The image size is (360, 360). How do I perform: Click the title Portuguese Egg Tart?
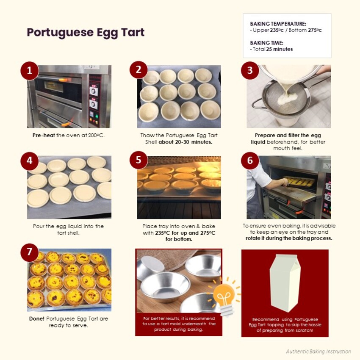tap(86, 33)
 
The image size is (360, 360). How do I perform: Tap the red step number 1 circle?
tap(29, 71)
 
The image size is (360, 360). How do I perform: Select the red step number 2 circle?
tap(138, 70)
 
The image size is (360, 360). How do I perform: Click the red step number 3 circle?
tap(250, 70)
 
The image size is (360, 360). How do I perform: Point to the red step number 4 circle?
tap(29, 161)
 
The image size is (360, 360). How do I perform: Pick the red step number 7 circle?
tap(29, 252)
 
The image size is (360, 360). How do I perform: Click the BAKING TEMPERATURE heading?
tap(278, 24)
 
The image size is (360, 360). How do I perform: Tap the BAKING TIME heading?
tap(266, 43)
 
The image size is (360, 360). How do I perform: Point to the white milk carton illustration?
tap(285, 283)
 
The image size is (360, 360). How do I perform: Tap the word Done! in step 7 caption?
tap(36, 318)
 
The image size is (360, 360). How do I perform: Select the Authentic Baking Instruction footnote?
tap(318, 352)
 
